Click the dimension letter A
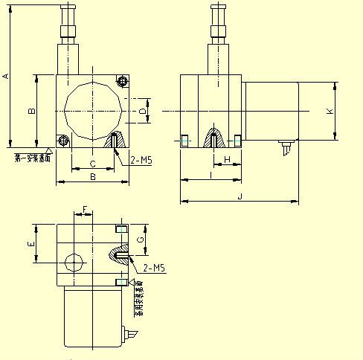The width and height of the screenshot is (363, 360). click(x=7, y=76)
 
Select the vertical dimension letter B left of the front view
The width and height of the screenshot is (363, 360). click(x=31, y=111)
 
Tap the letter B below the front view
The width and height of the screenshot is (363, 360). click(x=92, y=177)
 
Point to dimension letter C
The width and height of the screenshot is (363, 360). click(x=92, y=163)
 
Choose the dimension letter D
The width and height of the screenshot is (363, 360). click(x=141, y=112)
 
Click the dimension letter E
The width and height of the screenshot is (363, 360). click(x=30, y=243)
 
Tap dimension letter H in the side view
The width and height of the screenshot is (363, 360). click(x=226, y=160)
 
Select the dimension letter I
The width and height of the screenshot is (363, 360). click(x=211, y=176)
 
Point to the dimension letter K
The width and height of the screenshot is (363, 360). click(x=330, y=111)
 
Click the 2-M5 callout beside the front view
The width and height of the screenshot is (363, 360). click(x=141, y=160)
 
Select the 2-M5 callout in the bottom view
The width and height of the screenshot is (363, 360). click(x=154, y=267)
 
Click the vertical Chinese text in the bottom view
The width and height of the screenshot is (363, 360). click(x=138, y=302)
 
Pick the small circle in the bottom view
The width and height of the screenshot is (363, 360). click(x=74, y=263)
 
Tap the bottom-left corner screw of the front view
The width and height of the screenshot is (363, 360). click(x=63, y=140)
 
